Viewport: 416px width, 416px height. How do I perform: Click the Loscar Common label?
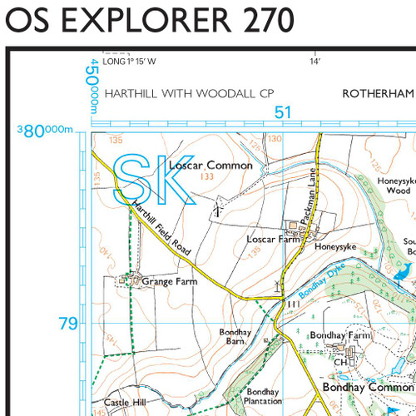(210, 166)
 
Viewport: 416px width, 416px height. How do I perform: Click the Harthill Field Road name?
(162, 229)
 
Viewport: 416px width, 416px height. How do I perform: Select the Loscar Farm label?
(272, 240)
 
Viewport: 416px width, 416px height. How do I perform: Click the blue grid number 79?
(68, 323)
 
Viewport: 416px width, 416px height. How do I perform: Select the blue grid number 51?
(283, 112)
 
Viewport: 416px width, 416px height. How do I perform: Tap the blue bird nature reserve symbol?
(404, 271)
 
